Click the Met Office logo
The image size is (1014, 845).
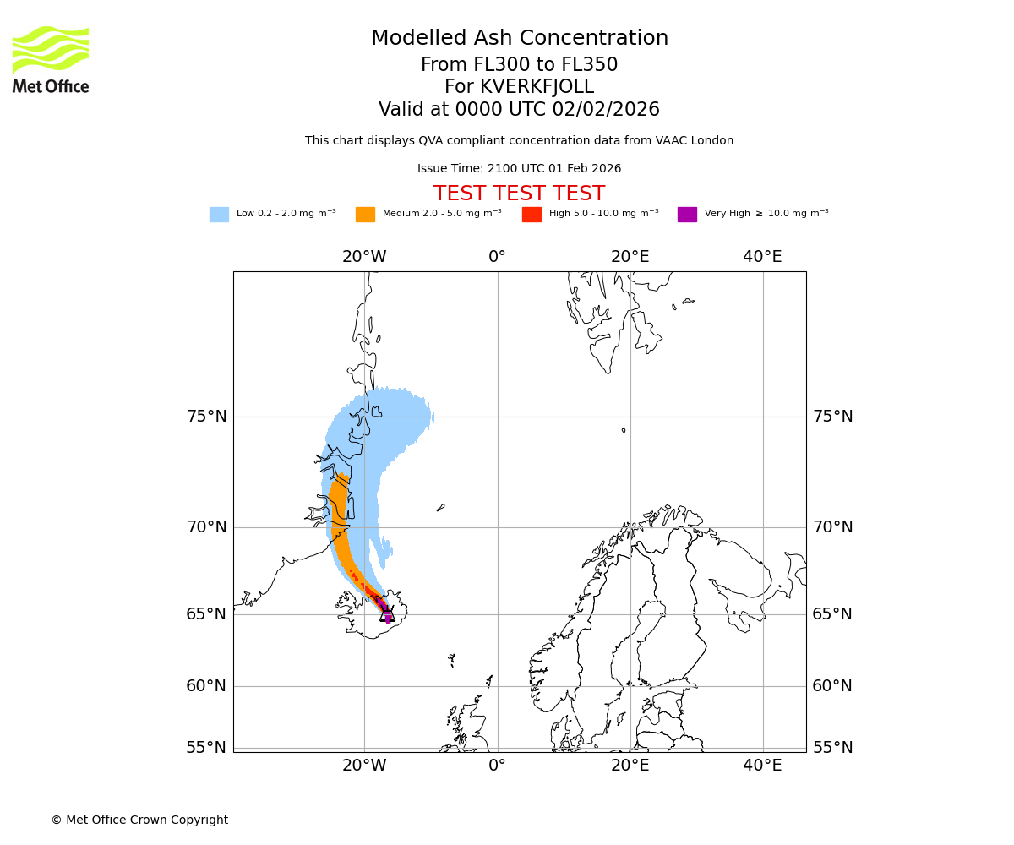[x=51, y=59]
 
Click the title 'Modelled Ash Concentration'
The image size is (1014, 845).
[x=519, y=39]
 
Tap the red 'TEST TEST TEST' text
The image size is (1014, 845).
[x=519, y=194]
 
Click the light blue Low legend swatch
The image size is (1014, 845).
[x=219, y=215]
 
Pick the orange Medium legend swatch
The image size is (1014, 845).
[x=365, y=215]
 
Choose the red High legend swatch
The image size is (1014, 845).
[x=532, y=215]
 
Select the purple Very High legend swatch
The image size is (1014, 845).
[x=687, y=215]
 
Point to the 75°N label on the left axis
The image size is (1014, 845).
[x=206, y=417]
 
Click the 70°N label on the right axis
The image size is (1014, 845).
[x=832, y=527]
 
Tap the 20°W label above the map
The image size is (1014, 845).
[x=364, y=257]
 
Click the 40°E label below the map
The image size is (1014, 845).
[x=762, y=766]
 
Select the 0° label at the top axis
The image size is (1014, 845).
[x=497, y=257]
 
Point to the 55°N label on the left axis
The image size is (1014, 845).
[x=206, y=748]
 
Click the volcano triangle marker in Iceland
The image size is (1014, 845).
[x=387, y=615]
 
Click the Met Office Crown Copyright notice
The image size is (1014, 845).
[x=139, y=820]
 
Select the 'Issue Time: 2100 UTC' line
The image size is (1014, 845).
[x=519, y=169]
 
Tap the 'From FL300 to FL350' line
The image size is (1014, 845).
[x=519, y=65]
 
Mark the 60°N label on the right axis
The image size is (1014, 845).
[x=832, y=686]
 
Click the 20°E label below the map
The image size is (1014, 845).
[x=630, y=766]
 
